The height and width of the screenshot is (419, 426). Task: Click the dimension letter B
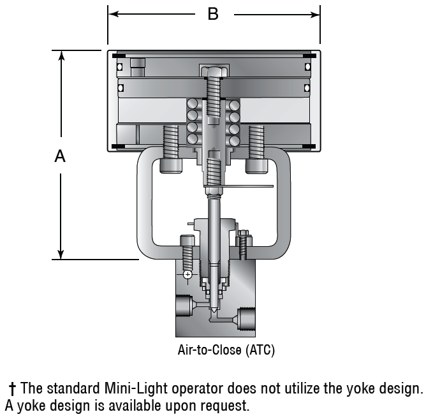point(213,14)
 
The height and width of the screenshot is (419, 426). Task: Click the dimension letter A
point(60,156)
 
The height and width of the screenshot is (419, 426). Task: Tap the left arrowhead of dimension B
point(114,14)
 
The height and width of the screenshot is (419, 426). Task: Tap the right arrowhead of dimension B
point(314,15)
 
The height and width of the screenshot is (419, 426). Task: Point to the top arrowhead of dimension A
point(62,55)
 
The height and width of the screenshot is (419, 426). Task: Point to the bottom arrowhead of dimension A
point(61,254)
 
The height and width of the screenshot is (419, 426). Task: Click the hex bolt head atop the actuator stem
point(214,71)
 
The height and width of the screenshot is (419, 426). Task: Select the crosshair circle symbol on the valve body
point(187,275)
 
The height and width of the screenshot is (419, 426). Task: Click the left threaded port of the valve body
point(184,305)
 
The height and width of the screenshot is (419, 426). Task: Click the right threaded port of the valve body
point(247,319)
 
